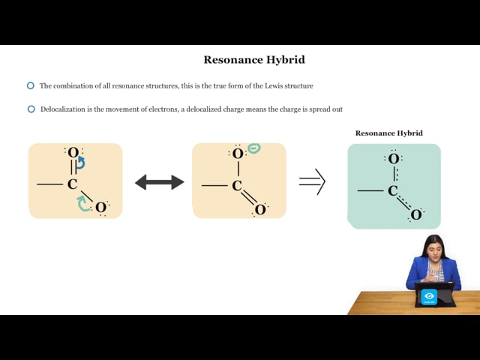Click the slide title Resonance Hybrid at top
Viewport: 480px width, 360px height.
pyautogui.click(x=254, y=60)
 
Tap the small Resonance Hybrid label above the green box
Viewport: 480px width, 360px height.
pyautogui.click(x=388, y=133)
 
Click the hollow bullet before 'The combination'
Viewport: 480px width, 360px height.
pyautogui.click(x=31, y=85)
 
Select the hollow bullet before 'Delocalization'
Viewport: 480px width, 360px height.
pyautogui.click(x=31, y=109)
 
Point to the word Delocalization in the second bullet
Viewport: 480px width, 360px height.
pyautogui.click(x=63, y=109)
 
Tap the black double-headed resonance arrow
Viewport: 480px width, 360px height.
pyautogui.click(x=160, y=182)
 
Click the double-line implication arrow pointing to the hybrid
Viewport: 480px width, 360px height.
pyautogui.click(x=312, y=181)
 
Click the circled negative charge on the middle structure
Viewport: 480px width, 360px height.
pyautogui.click(x=254, y=148)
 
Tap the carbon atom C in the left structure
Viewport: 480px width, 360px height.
pyautogui.click(x=72, y=184)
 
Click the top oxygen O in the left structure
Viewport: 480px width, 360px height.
pyautogui.click(x=73, y=152)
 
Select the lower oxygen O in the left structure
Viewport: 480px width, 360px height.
pyautogui.click(x=100, y=208)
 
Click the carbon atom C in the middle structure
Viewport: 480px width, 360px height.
pyautogui.click(x=237, y=186)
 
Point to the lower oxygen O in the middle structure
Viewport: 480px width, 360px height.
pyautogui.click(x=260, y=210)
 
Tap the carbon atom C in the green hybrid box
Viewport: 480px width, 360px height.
pyautogui.click(x=393, y=191)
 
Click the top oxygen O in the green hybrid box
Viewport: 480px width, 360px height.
pyautogui.click(x=394, y=159)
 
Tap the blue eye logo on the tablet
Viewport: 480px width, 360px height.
pyautogui.click(x=429, y=296)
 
